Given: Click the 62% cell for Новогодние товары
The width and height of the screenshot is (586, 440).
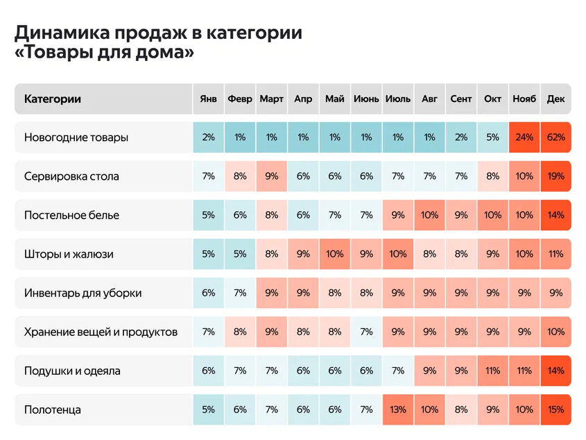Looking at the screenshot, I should pyautogui.click(x=555, y=137).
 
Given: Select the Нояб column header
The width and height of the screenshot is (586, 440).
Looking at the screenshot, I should pyautogui.click(x=524, y=99).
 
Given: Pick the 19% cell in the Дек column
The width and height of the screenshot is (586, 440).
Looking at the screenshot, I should pyautogui.click(x=555, y=176).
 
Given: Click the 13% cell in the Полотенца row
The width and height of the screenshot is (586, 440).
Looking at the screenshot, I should pyautogui.click(x=398, y=409).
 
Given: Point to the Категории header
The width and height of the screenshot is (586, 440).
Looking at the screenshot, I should pyautogui.click(x=53, y=99).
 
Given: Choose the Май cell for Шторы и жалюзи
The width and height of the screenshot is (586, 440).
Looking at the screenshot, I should pyautogui.click(x=335, y=254).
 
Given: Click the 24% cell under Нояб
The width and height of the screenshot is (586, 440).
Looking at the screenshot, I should pyautogui.click(x=524, y=137).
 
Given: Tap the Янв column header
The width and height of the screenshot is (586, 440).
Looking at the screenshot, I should pyautogui.click(x=208, y=99).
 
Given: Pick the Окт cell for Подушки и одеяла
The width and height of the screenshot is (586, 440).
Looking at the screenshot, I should pyautogui.click(x=492, y=371).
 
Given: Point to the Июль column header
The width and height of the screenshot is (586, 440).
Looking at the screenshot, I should pyautogui.click(x=398, y=99).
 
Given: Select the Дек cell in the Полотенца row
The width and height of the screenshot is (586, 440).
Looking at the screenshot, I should pyautogui.click(x=555, y=409).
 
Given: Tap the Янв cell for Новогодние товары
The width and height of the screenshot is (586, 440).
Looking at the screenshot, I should pyautogui.click(x=208, y=137).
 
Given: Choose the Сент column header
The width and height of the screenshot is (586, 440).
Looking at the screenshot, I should pyautogui.click(x=461, y=99).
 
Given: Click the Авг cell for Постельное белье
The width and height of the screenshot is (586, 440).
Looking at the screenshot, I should pyautogui.click(x=429, y=215).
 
